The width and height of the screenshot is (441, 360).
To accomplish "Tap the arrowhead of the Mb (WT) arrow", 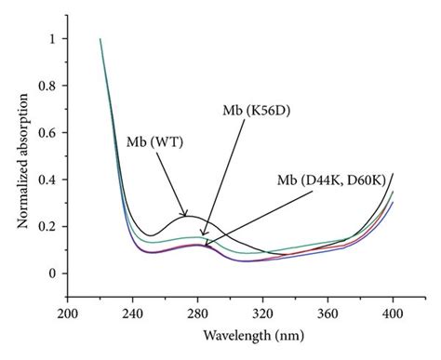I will click(x=187, y=217).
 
